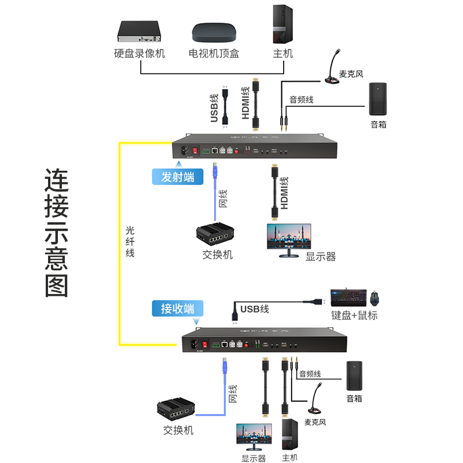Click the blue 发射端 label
pos(178,177)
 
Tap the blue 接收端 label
pos(178,308)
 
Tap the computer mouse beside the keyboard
pos(376,298)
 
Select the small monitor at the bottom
pos(253,438)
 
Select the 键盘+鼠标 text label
pos(355,315)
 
